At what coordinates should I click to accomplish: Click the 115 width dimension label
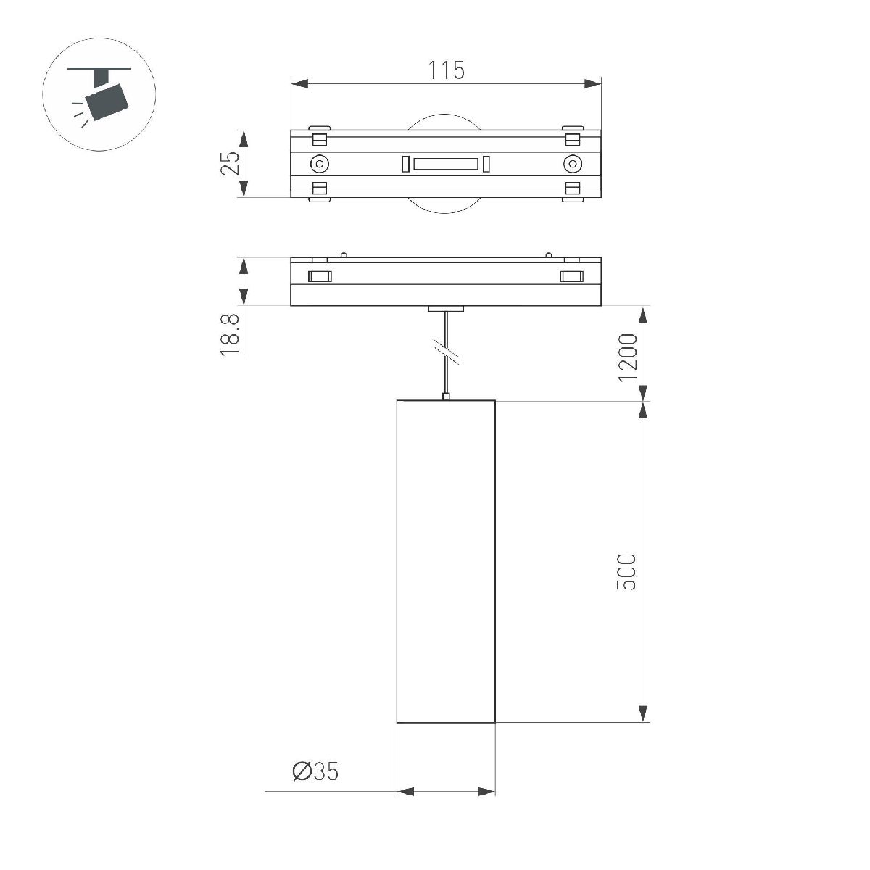tap(445, 70)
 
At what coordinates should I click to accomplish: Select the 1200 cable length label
tap(627, 357)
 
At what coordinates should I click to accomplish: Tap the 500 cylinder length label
tap(627, 571)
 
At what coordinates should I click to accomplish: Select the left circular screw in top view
tap(319, 164)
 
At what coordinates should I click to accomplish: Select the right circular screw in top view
tap(573, 164)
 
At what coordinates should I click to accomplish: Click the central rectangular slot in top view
tap(446, 164)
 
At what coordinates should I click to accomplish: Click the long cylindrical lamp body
tap(446, 562)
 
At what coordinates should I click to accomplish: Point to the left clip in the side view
tap(319, 275)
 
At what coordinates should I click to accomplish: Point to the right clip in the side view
tap(571, 275)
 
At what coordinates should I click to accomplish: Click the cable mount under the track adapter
tap(446, 309)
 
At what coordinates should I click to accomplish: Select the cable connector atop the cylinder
tap(446, 396)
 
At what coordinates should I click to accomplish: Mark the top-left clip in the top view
tap(320, 138)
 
